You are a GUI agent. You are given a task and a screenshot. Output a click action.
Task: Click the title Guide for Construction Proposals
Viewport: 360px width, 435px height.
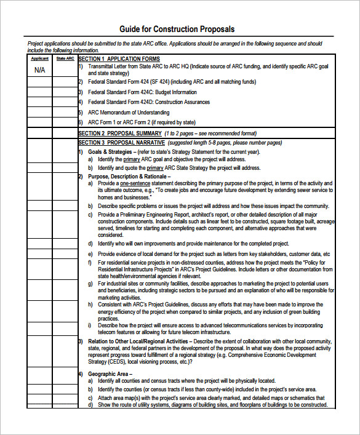[177, 30]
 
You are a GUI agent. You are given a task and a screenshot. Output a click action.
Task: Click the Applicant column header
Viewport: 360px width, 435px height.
[39, 58]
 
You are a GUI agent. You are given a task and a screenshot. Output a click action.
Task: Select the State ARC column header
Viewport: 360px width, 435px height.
[65, 58]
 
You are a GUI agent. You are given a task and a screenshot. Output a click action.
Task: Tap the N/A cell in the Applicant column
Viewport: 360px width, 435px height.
[39, 70]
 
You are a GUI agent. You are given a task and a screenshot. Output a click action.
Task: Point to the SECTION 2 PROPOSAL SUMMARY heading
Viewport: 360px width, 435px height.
[120, 133]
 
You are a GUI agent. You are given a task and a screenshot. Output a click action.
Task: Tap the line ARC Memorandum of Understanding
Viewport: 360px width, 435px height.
[129, 113]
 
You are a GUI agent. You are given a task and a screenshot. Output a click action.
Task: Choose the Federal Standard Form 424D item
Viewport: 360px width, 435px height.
[148, 102]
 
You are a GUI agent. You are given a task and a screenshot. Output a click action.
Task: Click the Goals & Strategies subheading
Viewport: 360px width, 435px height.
[110, 151]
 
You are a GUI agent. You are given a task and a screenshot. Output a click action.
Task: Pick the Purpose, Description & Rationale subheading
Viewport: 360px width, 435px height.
[129, 176]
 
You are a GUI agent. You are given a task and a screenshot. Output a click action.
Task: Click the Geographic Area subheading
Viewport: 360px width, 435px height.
[108, 373]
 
